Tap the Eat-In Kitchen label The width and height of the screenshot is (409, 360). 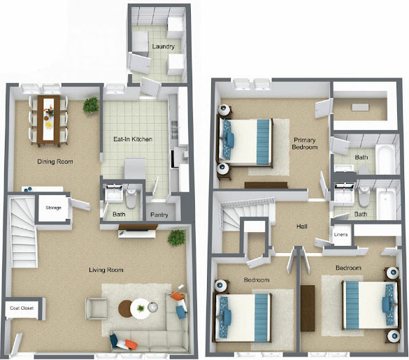pos(133,139)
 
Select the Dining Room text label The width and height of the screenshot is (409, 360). pos(55,161)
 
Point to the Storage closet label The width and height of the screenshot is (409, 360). pos(53,208)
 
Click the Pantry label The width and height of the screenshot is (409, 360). pos(159,215)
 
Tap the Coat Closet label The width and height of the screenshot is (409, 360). pos(22,308)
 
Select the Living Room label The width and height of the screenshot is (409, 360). pos(106,270)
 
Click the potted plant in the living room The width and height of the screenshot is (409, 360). pos(176,238)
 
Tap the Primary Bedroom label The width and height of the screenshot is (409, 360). pos(306,144)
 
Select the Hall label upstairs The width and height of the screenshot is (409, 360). pos(303,226)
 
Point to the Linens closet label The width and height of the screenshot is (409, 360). pos(341,234)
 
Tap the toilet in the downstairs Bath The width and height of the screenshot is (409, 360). pos(131,196)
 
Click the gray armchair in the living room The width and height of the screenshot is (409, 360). pos(96,308)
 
